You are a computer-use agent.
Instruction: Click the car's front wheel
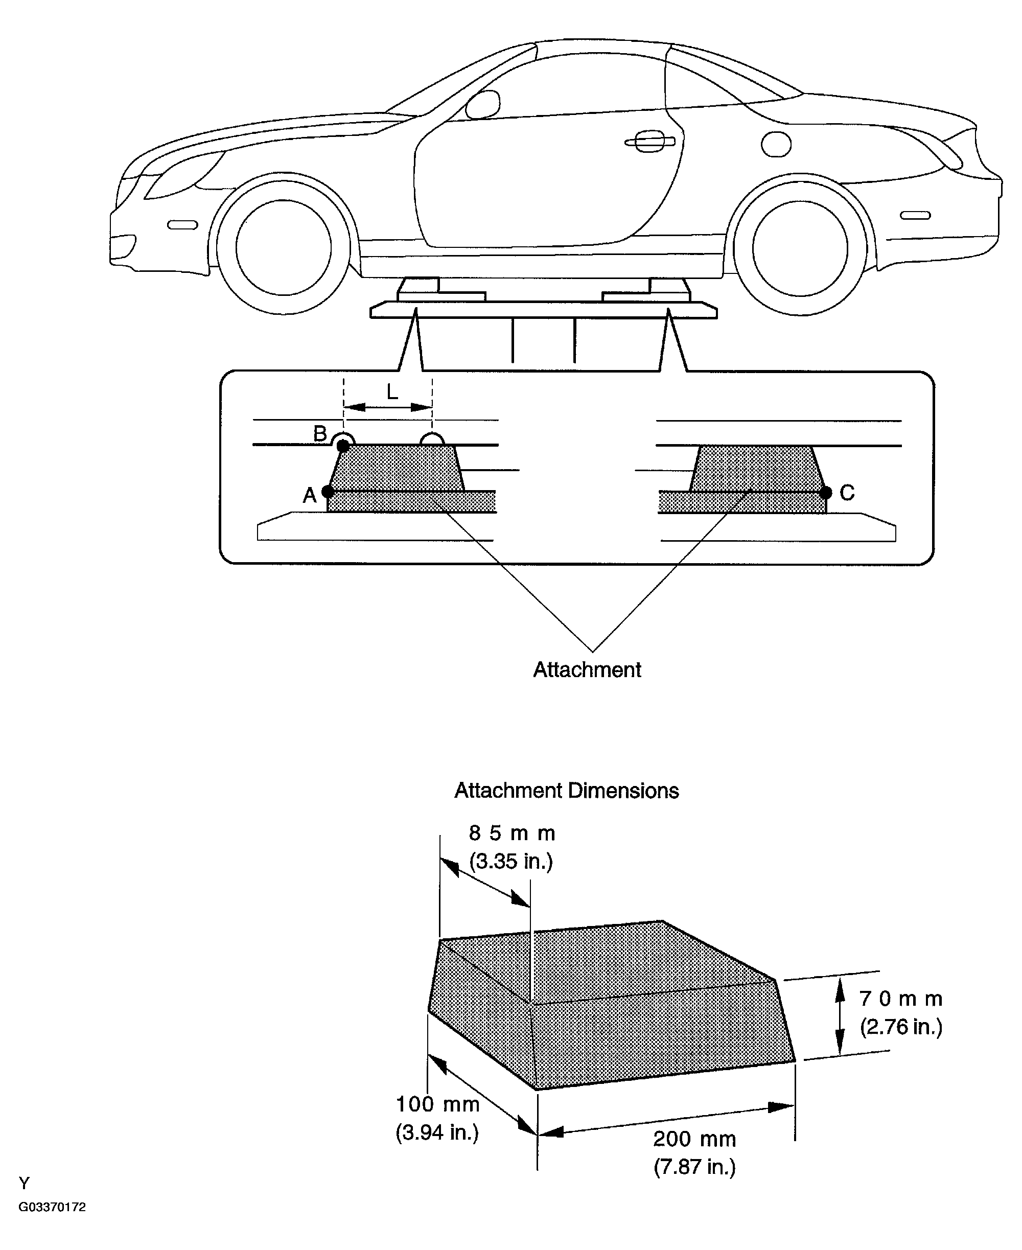pyautogui.click(x=283, y=247)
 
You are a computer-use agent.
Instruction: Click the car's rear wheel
pyautogui.click(x=800, y=247)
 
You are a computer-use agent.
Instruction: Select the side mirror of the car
pyautogui.click(x=483, y=105)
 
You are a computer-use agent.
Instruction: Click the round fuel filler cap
pyautogui.click(x=776, y=144)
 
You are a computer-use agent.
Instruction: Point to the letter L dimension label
pyautogui.click(x=392, y=391)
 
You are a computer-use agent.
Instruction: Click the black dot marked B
pyautogui.click(x=343, y=446)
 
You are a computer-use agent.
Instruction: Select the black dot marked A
pyautogui.click(x=328, y=492)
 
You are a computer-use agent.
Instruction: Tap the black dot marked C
pyautogui.click(x=826, y=492)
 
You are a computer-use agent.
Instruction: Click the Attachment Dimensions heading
pyautogui.click(x=566, y=791)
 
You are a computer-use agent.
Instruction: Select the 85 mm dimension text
pyautogui.click(x=512, y=833)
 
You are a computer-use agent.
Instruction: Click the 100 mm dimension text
pyautogui.click(x=437, y=1104)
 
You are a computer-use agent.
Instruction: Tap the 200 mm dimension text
pyautogui.click(x=694, y=1139)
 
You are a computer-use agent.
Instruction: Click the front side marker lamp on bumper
pyautogui.click(x=182, y=225)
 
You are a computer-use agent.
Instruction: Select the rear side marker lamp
pyautogui.click(x=915, y=216)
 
